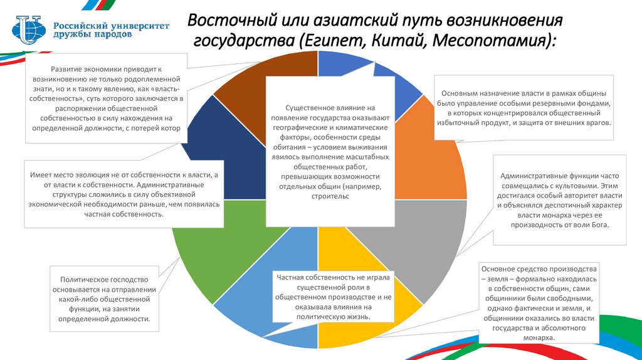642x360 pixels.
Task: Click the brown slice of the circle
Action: pos(282,69)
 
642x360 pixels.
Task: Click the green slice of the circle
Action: pos(207,245)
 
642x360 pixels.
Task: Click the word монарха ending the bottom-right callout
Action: pos(539,338)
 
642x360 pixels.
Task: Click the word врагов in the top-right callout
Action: pos(596,122)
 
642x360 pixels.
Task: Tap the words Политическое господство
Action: pos(103,280)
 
